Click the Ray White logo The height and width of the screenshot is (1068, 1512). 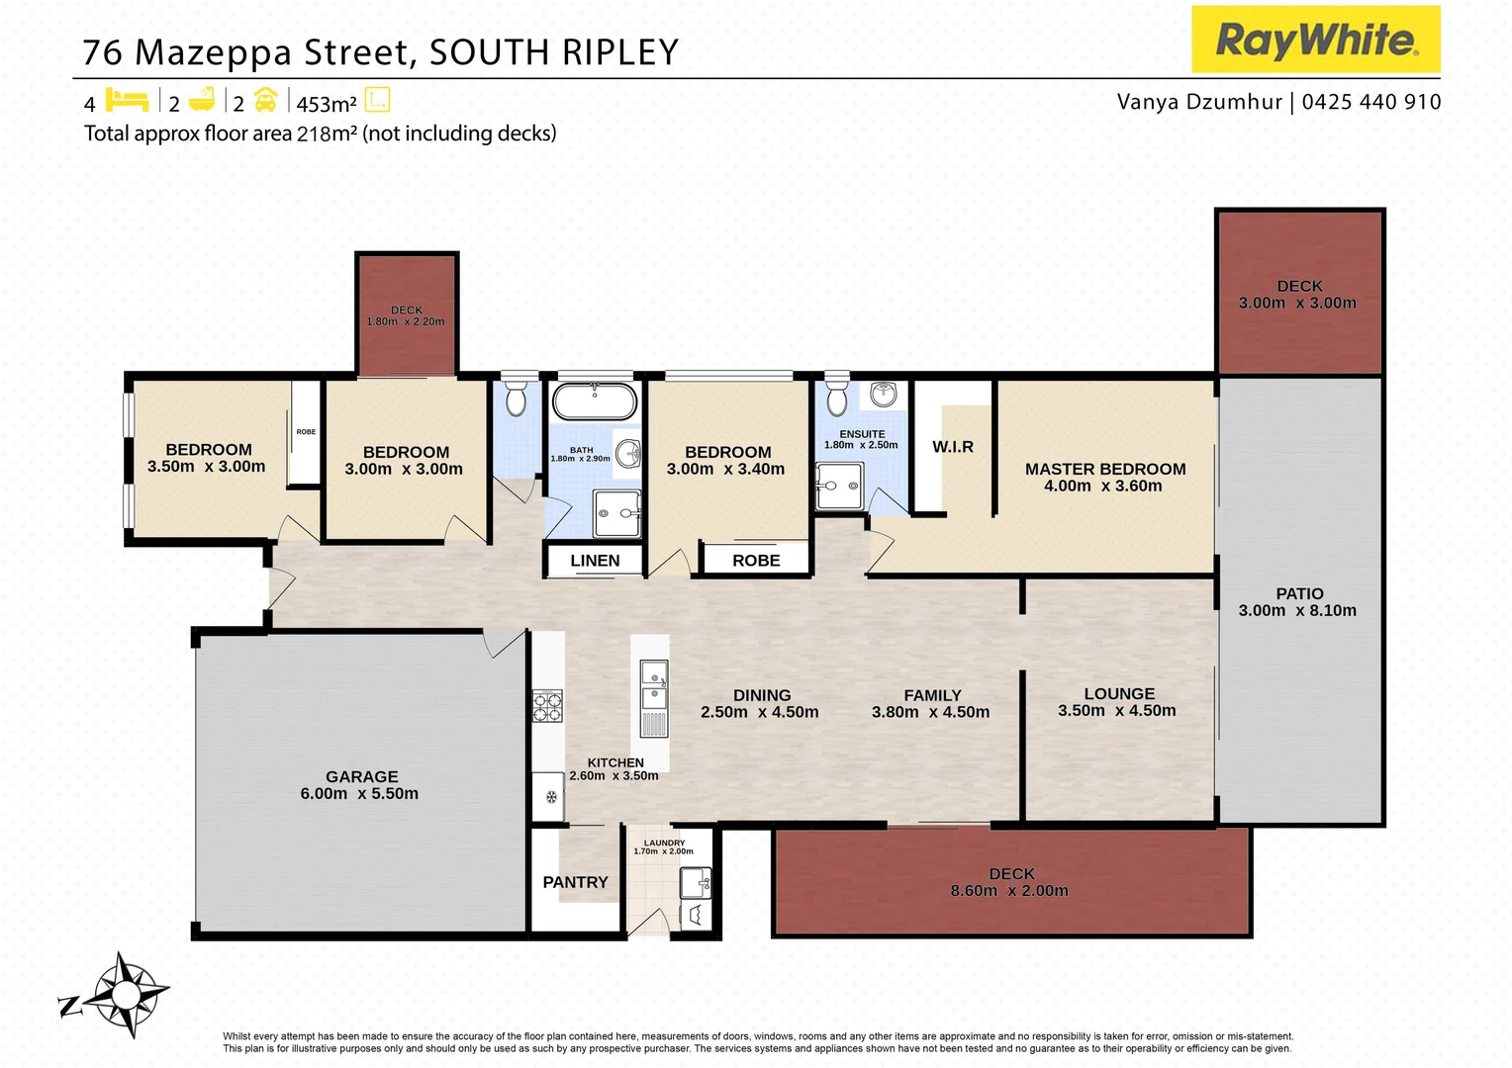[1315, 40]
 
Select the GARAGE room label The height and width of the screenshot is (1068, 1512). [361, 777]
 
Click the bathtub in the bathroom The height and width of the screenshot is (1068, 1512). [594, 402]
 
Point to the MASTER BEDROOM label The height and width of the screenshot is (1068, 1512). [1104, 469]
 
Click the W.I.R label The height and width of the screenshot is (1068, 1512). [953, 447]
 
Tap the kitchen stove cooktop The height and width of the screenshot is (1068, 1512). [547, 706]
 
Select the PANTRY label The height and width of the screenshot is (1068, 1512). [575, 882]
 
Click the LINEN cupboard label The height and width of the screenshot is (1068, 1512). [595, 561]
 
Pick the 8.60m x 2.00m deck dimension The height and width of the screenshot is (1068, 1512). [1009, 891]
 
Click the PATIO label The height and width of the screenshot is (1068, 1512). [1298, 593]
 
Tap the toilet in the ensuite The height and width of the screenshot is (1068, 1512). [836, 398]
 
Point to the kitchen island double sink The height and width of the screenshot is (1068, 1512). [653, 685]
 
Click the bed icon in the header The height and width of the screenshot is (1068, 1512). [127, 101]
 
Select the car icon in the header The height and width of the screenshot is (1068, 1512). [265, 101]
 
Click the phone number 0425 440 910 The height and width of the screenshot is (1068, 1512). [1371, 102]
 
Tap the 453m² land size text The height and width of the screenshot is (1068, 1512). [326, 104]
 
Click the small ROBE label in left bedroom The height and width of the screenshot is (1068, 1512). [306, 432]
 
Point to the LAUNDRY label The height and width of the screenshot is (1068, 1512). [664, 843]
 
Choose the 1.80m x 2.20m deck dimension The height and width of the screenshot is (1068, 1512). [406, 322]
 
